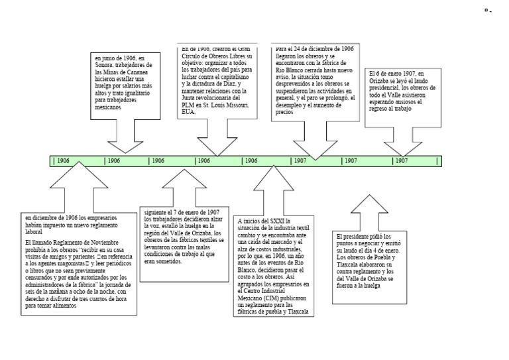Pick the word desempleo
[291, 105]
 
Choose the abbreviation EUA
[189, 111]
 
